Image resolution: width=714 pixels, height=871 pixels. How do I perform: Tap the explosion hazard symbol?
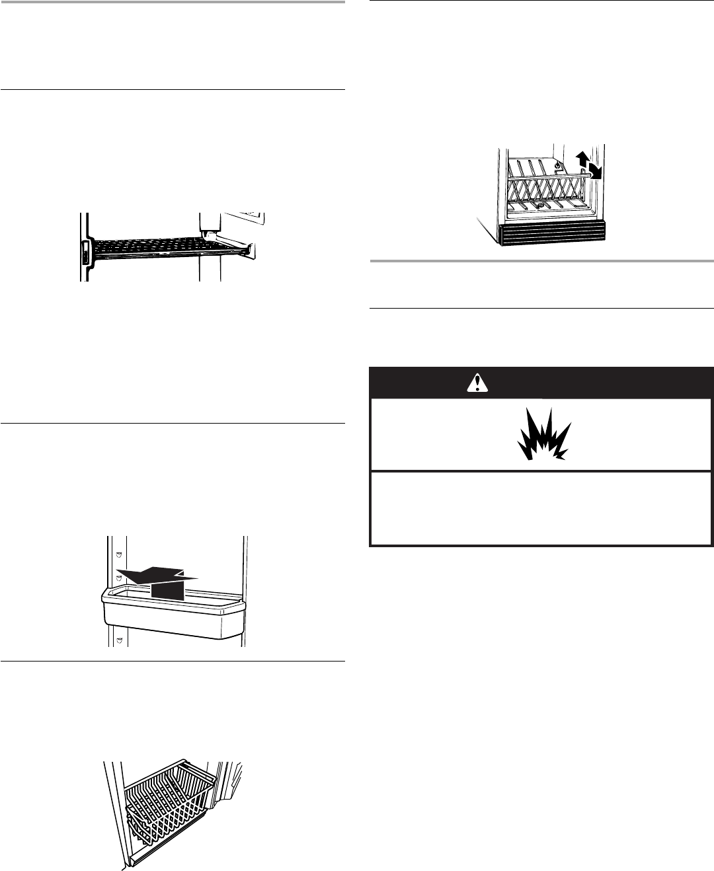point(542,437)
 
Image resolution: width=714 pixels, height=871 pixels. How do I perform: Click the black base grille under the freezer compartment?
point(552,233)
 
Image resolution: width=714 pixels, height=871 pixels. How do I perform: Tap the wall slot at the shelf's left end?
point(86,252)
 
